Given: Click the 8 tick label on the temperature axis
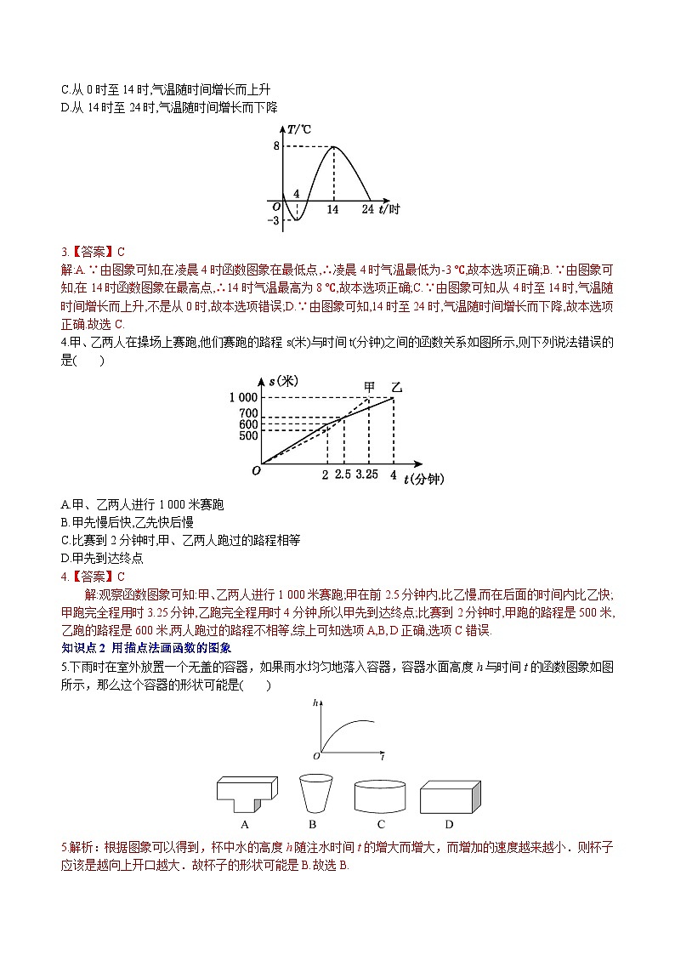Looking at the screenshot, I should pos(275,145).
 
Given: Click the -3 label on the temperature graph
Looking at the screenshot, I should pos(273,221).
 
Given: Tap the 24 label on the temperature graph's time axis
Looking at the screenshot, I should pos(367,208).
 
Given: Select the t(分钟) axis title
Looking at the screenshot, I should pos(424,479).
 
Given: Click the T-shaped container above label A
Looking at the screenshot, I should pos(247,793).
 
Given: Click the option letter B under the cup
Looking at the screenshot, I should pos(312,824).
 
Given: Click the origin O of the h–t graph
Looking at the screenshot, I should pos(316,755).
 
